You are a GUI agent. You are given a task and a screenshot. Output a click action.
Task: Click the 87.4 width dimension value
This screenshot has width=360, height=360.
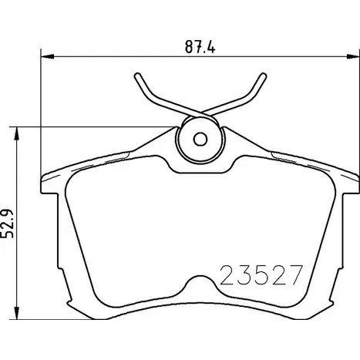click(x=200, y=47)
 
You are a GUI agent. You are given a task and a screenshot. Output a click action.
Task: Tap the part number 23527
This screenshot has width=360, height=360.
click(x=261, y=275)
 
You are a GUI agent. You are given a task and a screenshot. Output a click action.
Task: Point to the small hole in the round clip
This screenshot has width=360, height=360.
click(x=200, y=140)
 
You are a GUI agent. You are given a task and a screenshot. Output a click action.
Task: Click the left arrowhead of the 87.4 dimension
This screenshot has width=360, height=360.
click(x=48, y=56)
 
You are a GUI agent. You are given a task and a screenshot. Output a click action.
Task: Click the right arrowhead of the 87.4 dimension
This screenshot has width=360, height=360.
click(x=352, y=56)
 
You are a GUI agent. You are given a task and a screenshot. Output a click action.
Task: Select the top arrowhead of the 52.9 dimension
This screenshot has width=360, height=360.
click(x=17, y=133)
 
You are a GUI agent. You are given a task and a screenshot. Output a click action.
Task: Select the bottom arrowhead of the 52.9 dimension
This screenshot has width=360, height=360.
click(x=17, y=313)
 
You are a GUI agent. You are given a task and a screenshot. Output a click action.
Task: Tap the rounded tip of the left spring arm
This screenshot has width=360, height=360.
click(x=137, y=76)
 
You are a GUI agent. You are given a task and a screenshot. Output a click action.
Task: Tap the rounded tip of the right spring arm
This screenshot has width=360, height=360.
click(x=263, y=76)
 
